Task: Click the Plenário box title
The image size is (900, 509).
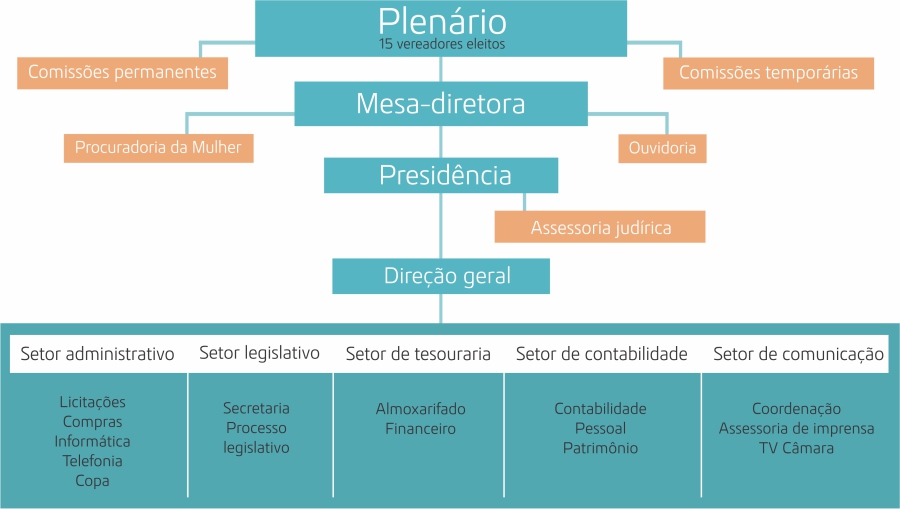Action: tap(441, 21)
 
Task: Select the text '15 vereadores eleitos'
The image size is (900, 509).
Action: tap(441, 44)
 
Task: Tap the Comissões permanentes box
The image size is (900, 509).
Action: tap(122, 72)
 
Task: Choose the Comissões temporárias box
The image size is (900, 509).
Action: tap(768, 72)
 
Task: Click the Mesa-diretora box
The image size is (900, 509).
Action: tap(441, 103)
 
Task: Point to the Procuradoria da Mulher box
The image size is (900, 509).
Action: tap(158, 149)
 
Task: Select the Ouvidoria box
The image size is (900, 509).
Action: tap(662, 149)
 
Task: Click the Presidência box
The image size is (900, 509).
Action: tap(441, 176)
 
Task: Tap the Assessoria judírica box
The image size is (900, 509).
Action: tap(600, 227)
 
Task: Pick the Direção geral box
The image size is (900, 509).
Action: tap(441, 276)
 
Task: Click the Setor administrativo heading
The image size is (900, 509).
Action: tap(98, 354)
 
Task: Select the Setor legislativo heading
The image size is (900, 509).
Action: tap(260, 352)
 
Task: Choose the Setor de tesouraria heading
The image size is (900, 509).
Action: tap(418, 354)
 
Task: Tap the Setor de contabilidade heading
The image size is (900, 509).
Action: tap(602, 354)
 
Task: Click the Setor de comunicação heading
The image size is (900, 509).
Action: tap(799, 354)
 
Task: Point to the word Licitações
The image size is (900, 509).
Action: tap(92, 402)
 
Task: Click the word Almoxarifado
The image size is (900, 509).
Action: tap(421, 409)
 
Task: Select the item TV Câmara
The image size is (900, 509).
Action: tap(796, 448)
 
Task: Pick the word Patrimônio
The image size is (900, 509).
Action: tap(600, 448)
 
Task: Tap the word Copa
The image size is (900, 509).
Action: tap(92, 480)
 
